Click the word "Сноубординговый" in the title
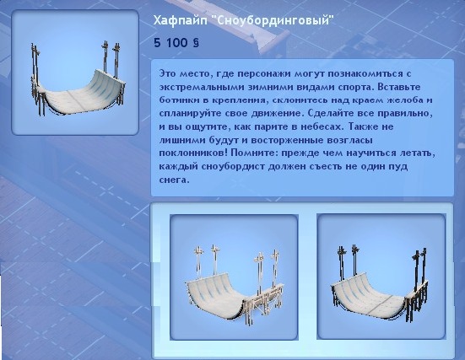click(x=273, y=21)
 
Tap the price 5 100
click(x=170, y=43)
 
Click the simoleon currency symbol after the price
click(x=196, y=43)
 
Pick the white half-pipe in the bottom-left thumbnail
click(x=235, y=284)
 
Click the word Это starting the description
click(x=167, y=73)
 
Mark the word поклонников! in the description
click(x=193, y=153)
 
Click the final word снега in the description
click(x=173, y=180)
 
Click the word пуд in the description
click(x=400, y=167)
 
